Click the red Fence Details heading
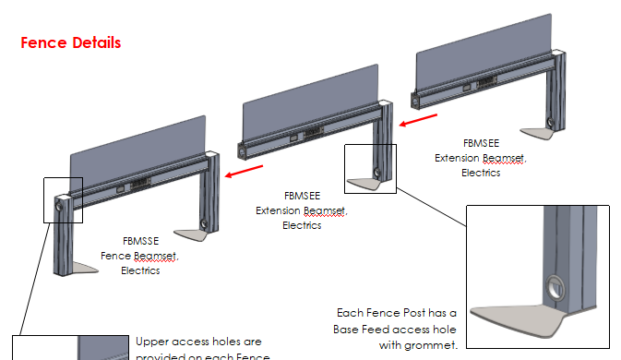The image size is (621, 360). [71, 42]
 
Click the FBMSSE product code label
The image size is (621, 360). [139, 242]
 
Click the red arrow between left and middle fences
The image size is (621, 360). [249, 171]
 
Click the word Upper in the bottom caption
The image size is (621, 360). [153, 342]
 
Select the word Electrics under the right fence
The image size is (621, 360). [481, 173]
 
